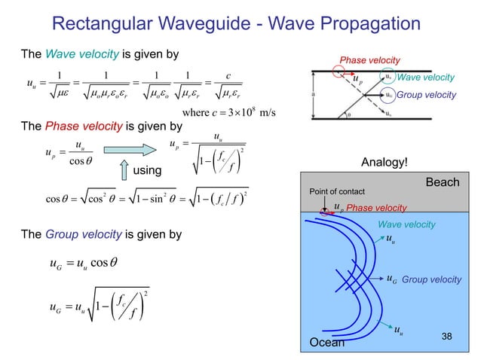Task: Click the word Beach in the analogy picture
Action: (x=449, y=182)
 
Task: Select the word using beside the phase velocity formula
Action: (x=148, y=171)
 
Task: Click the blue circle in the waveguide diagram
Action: (x=388, y=95)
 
